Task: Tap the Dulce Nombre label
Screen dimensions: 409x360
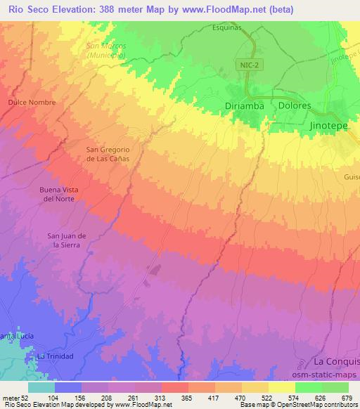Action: pos(31,102)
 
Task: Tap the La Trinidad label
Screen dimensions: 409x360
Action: pos(56,356)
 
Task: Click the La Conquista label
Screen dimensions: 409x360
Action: pos(337,361)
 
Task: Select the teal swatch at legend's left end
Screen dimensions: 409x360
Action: pos(41,387)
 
